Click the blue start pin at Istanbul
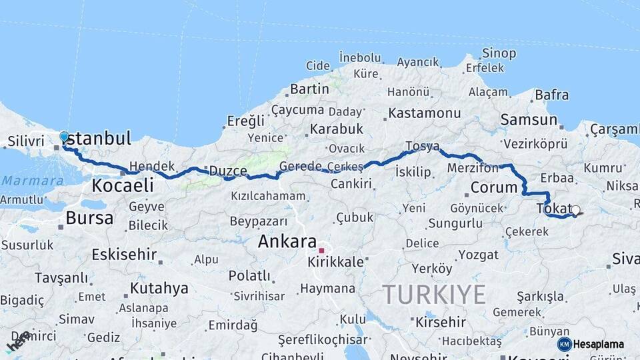tap(64, 137)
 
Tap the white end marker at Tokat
tap(576, 210)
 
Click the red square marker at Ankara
tap(321, 251)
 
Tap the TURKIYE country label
tap(433, 293)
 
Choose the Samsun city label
tap(529, 120)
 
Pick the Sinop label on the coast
tap(499, 53)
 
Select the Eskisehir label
tap(124, 254)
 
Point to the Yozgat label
tap(479, 255)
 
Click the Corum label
tap(494, 187)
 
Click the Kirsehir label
tap(441, 322)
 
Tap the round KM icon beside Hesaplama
tap(565, 344)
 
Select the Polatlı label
tap(249, 275)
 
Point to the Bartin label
tap(309, 89)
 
